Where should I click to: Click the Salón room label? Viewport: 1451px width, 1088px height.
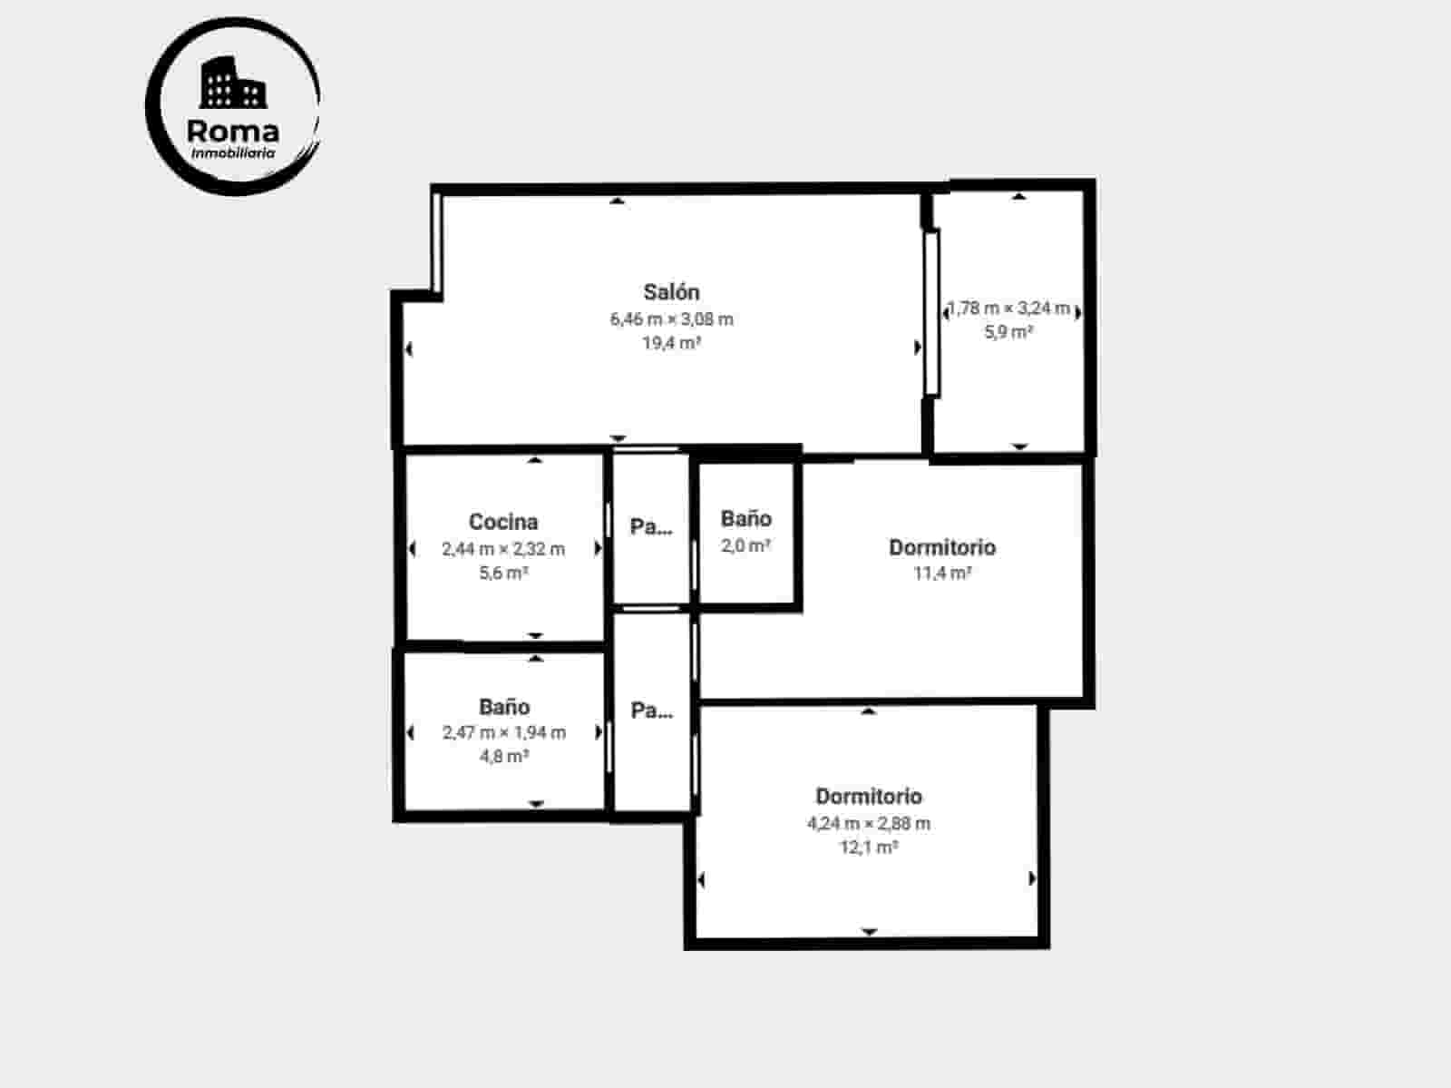pyautogui.click(x=671, y=292)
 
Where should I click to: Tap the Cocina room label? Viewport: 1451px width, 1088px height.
pyautogui.click(x=503, y=522)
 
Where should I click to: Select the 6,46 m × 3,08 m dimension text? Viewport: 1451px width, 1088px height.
pyautogui.click(x=671, y=319)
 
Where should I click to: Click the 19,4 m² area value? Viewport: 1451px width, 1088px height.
pyautogui.click(x=671, y=343)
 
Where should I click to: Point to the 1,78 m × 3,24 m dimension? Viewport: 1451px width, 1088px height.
pyautogui.click(x=1008, y=309)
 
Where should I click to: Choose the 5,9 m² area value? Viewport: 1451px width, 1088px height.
pyautogui.click(x=1008, y=332)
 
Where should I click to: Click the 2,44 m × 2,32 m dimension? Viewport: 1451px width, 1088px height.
pyautogui.click(x=503, y=549)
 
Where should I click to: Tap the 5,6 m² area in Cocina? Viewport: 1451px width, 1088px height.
pyautogui.click(x=503, y=573)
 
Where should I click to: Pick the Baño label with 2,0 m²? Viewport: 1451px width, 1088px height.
pyautogui.click(x=746, y=519)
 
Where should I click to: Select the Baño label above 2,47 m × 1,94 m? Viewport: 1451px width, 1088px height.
pyautogui.click(x=504, y=707)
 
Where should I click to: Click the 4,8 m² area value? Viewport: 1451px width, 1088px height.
pyautogui.click(x=504, y=756)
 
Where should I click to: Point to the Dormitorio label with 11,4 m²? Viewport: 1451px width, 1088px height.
pyautogui.click(x=942, y=547)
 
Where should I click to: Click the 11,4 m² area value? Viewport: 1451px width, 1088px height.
pyautogui.click(x=942, y=573)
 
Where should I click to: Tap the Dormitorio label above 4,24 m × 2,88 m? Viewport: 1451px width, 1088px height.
pyautogui.click(x=869, y=797)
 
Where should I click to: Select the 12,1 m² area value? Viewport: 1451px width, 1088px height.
pyautogui.click(x=869, y=848)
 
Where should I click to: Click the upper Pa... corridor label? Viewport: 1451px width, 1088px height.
pyautogui.click(x=651, y=526)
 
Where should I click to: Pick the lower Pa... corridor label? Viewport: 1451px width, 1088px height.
pyautogui.click(x=651, y=711)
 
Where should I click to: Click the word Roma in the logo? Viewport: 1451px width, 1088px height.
pyautogui.click(x=233, y=131)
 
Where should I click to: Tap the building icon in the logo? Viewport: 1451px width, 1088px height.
pyautogui.click(x=233, y=83)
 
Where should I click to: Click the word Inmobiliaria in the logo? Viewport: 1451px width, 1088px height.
pyautogui.click(x=233, y=153)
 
